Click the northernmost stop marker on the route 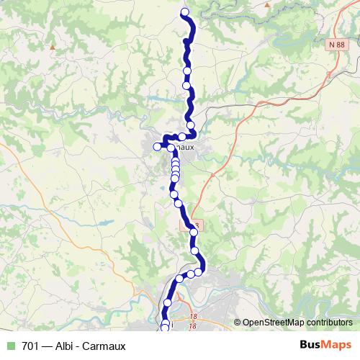click(x=185, y=12)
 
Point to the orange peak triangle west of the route click(x=53, y=48)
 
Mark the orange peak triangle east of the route click(x=268, y=4)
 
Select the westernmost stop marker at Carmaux click(x=157, y=147)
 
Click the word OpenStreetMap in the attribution click(x=274, y=323)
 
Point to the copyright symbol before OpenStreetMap click(x=238, y=323)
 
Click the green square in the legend click(x=11, y=346)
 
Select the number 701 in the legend click(x=30, y=346)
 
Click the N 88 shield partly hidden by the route click(x=188, y=225)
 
